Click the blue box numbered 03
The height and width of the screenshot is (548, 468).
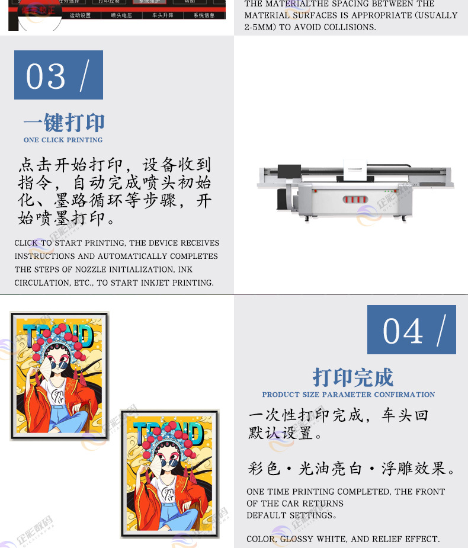pyautogui.click(x=59, y=75)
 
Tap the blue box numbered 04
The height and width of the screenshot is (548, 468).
pyautogui.click(x=411, y=329)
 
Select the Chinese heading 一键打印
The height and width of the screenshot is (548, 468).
pyautogui.click(x=63, y=123)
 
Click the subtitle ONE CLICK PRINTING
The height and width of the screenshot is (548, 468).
pyautogui.click(x=63, y=140)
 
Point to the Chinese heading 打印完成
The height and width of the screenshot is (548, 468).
pyautogui.click(x=352, y=377)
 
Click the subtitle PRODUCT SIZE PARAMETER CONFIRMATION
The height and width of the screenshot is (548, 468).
pyautogui.click(x=348, y=395)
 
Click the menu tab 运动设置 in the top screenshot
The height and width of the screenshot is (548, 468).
pyautogui.click(x=80, y=15)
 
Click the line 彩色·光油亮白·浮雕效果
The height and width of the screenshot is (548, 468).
pyautogui.click(x=352, y=469)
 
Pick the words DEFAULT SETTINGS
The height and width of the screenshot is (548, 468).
pyautogui.click(x=290, y=515)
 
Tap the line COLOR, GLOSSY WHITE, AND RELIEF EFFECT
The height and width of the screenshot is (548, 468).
pyautogui.click(x=343, y=539)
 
